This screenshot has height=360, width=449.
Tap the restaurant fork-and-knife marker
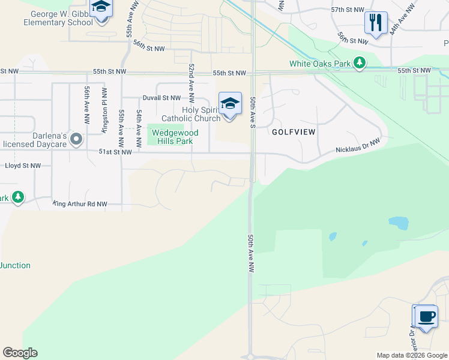tap(376, 23)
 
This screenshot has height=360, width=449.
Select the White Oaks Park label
tap(319, 63)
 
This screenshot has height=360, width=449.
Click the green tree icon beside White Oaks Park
tap(360, 62)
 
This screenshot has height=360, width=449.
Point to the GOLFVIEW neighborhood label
tap(294, 131)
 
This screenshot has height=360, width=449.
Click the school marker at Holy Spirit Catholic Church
tap(230, 104)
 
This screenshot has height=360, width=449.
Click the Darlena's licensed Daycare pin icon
tap(76, 139)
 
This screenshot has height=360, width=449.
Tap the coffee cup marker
tap(426, 316)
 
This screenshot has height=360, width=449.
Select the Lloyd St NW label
tap(23, 165)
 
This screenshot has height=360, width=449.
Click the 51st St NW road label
tap(115, 152)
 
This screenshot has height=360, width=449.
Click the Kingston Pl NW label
tap(104, 105)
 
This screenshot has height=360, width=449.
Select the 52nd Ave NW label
tap(191, 82)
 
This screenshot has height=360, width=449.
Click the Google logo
tap(20, 353)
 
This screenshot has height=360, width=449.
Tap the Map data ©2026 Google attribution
tap(412, 355)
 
